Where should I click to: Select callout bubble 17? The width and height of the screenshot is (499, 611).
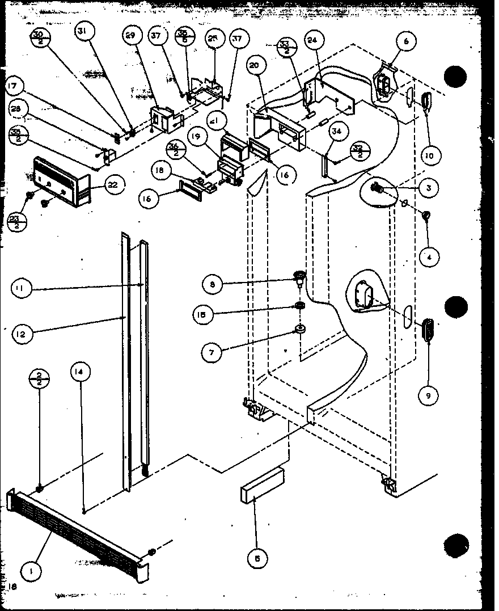[15, 87]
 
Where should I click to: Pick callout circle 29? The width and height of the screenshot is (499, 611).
[132, 35]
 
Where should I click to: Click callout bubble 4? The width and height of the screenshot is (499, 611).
[429, 257]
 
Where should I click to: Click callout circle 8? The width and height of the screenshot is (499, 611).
[212, 285]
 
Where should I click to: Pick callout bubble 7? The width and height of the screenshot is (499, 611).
[212, 352]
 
